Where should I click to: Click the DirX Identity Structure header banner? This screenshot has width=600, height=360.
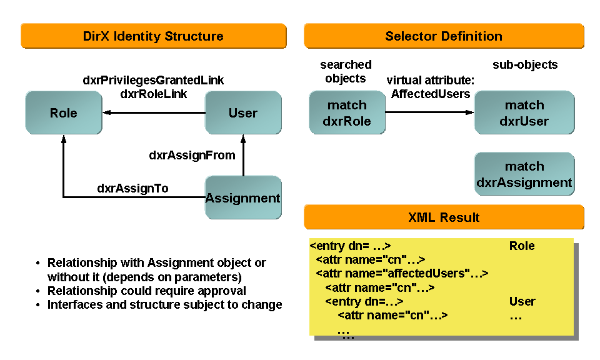153,36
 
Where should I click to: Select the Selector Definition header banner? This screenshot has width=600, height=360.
444,36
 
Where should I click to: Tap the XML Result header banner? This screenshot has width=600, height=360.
444,217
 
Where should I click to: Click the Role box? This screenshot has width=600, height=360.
64,112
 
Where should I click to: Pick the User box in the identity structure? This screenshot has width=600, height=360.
243,112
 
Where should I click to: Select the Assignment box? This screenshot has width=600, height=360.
243,198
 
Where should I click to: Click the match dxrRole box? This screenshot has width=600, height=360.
346,112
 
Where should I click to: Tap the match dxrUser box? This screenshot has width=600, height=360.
524,112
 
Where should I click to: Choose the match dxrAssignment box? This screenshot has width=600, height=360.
524,174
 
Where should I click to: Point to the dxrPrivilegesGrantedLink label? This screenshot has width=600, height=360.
153,81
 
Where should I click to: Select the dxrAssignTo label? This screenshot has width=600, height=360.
132,188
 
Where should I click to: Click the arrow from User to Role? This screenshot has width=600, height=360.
156,113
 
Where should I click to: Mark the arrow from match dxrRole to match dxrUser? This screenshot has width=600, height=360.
429,112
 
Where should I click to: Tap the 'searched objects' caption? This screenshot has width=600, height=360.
346,71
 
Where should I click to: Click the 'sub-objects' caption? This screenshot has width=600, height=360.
525,64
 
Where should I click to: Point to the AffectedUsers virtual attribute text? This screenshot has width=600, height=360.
430,94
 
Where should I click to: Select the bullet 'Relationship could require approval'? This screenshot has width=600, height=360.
146,291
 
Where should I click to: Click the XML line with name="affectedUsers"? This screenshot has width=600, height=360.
402,273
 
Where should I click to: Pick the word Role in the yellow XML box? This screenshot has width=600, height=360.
522,246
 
